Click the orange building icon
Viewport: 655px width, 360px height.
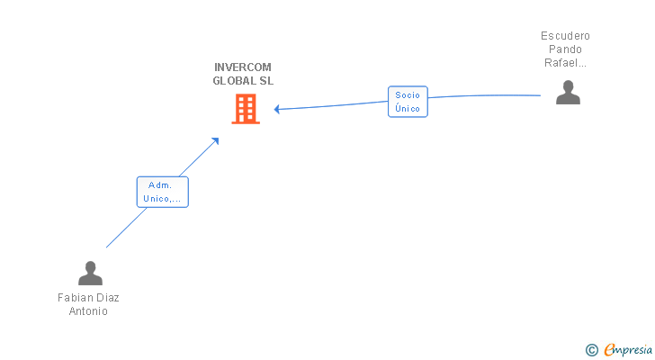tap(246, 109)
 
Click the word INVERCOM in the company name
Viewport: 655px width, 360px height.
tap(243, 67)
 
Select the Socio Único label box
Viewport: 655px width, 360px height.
tap(408, 102)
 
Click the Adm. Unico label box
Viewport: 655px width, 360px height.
tap(163, 192)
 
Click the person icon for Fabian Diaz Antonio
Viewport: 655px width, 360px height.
tap(90, 273)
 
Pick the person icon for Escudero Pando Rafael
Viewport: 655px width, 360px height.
tap(568, 92)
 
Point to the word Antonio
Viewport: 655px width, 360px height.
tap(88, 311)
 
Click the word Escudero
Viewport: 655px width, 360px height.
tap(566, 36)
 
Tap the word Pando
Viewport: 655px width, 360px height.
tap(566, 49)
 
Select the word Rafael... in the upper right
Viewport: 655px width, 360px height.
tap(566, 63)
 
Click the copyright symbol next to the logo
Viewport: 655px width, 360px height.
tap(591, 349)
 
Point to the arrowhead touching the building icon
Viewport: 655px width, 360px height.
tap(277, 109)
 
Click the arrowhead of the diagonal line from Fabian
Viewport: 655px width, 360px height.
tap(215, 141)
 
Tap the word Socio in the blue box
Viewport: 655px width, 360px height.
tap(408, 94)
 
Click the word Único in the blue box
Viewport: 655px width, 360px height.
tap(408, 108)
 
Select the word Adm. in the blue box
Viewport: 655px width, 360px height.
tap(160, 184)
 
